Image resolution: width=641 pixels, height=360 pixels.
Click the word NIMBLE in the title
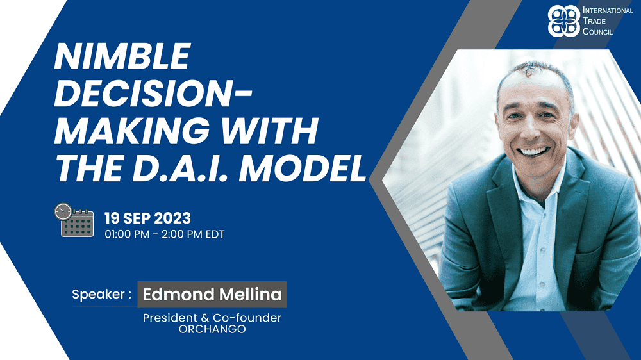pyautogui.click(x=122, y=56)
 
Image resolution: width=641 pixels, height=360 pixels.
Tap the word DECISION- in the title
pyautogui.click(x=153, y=94)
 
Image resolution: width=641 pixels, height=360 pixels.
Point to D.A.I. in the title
pyautogui.click(x=180, y=168)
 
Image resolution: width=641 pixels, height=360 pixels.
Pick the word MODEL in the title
pyautogui.click(x=303, y=168)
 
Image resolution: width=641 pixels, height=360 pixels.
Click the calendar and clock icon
pyautogui.click(x=74, y=220)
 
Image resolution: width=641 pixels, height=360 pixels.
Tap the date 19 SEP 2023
pyautogui.click(x=147, y=218)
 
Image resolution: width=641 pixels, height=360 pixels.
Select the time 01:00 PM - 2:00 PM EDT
pyautogui.click(x=164, y=234)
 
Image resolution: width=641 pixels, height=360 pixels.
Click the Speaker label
pyautogui.click(x=102, y=294)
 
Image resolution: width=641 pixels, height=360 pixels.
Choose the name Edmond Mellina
pyautogui.click(x=212, y=294)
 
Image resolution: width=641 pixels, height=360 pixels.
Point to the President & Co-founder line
pyautogui.click(x=212, y=318)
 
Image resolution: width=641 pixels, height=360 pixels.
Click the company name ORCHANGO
pyautogui.click(x=212, y=329)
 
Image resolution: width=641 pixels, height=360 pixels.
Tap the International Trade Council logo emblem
pyautogui.click(x=564, y=21)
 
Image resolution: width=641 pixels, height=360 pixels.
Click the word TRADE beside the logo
pyautogui.click(x=594, y=21)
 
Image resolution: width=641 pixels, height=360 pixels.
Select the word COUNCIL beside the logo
pyautogui.click(x=597, y=31)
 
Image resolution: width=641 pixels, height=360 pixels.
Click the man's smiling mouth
pyautogui.click(x=533, y=152)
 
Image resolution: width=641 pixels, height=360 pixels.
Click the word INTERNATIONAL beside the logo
pyautogui.click(x=608, y=10)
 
